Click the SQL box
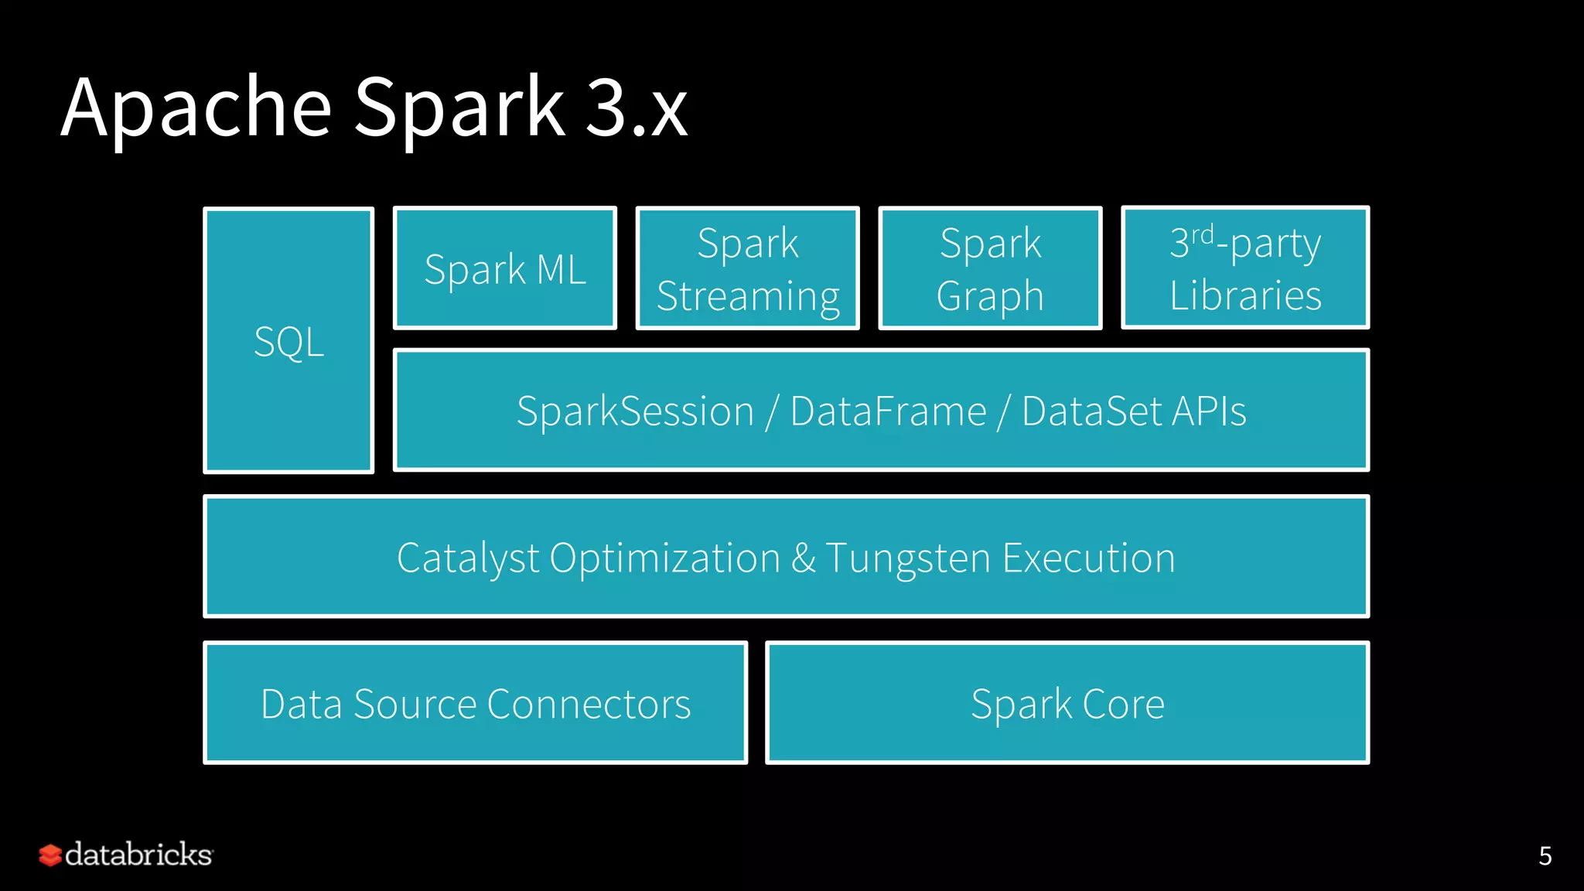pyautogui.click(x=288, y=341)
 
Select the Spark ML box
pyautogui.click(x=505, y=269)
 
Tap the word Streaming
pyautogui.click(x=748, y=296)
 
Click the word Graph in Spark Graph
pyautogui.click(x=990, y=296)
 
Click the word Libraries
pyautogui.click(x=1245, y=295)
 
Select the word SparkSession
pyautogui.click(x=635, y=411)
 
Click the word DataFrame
pyautogui.click(x=888, y=411)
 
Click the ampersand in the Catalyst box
pyautogui.click(x=804, y=558)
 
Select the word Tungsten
pyautogui.click(x=908, y=558)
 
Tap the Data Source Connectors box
pyautogui.click(x=476, y=703)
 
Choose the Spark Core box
pyautogui.click(x=1067, y=703)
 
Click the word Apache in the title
pyautogui.click(x=196, y=108)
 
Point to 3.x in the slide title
pyautogui.click(x=636, y=108)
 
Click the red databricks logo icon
pyautogui.click(x=50, y=855)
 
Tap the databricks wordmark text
pyautogui.click(x=138, y=855)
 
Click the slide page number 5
pyautogui.click(x=1545, y=855)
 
